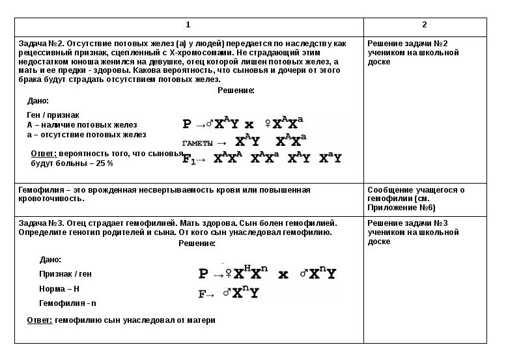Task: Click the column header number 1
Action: pos(188,25)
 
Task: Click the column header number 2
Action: pos(424,25)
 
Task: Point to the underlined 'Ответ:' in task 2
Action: pos(43,153)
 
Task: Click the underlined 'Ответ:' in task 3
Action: pos(39,320)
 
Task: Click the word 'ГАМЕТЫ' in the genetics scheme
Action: pos(197,143)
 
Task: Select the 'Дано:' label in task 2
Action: pos(38,101)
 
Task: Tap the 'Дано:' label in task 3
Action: pos(50,259)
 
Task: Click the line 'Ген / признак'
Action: pos(53,115)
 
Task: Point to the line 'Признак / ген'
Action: pos(65,274)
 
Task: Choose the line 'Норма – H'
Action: pos(59,288)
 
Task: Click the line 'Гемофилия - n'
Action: pos(68,303)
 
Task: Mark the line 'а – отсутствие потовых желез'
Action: pos(86,135)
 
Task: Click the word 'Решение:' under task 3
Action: pos(197,243)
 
